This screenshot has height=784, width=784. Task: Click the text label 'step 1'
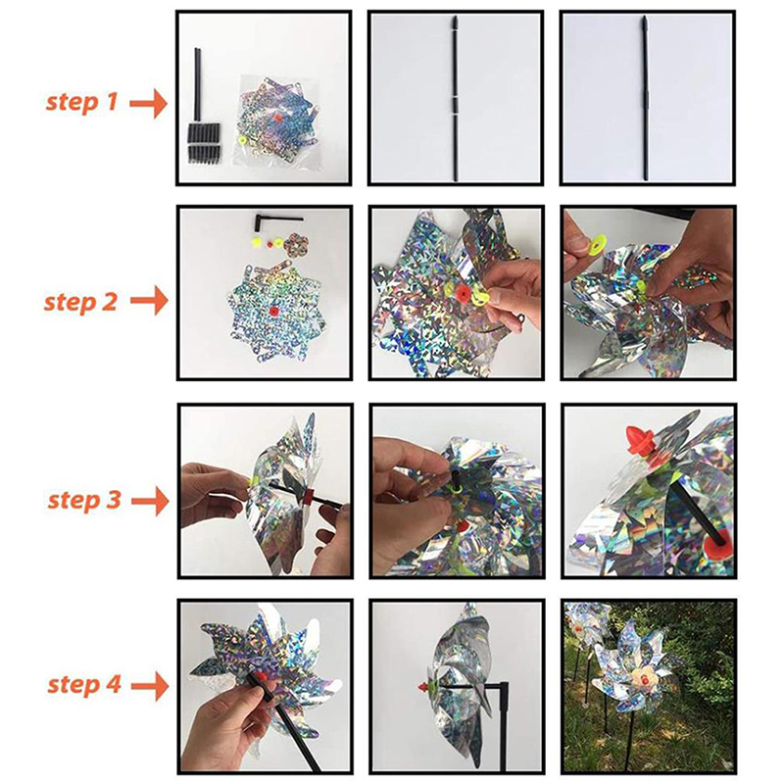81,102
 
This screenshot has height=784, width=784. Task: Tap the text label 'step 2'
80,302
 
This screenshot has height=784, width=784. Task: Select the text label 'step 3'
84,500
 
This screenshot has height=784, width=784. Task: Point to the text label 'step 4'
84,684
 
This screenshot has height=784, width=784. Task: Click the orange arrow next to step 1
149,104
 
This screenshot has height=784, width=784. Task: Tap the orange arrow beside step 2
149,301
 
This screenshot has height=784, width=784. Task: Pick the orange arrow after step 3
150,501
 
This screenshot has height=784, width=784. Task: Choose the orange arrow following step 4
150,685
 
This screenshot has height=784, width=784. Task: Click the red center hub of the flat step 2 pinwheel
273,312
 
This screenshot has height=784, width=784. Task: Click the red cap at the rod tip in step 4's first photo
260,676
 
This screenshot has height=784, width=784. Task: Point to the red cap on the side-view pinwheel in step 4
424,687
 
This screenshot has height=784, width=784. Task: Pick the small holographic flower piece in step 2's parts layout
291,244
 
